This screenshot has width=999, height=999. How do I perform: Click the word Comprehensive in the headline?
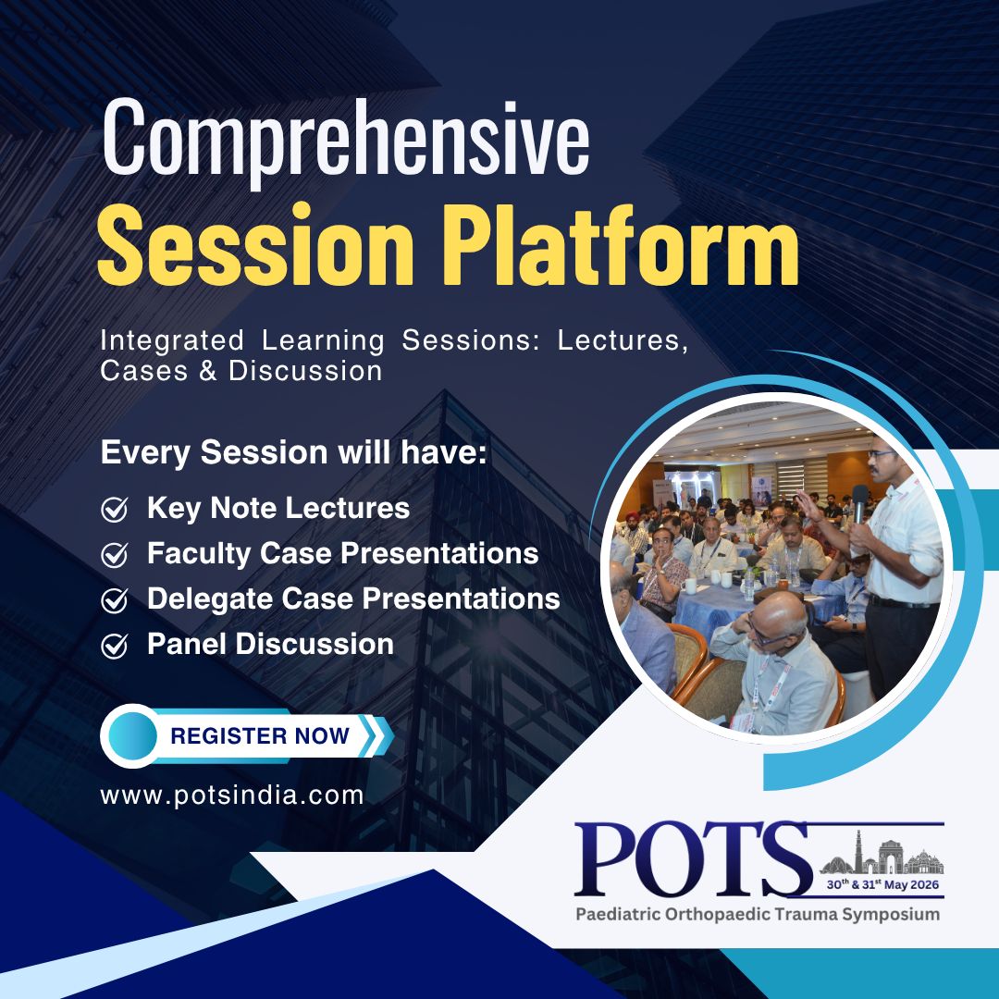coord(346,142)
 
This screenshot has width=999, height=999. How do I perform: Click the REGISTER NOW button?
coord(247,736)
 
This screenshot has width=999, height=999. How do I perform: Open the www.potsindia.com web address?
coord(232,795)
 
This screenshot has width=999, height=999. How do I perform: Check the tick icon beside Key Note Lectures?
coord(115,509)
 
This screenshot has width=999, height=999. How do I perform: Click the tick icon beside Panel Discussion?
coord(115,646)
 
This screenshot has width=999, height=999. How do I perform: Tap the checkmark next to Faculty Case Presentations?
coord(115,555)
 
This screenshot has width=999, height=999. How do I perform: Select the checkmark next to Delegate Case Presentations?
coord(115,600)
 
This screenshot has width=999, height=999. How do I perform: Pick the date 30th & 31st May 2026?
coord(882,884)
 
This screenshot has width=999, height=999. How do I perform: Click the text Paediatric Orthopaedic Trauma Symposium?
coord(758,915)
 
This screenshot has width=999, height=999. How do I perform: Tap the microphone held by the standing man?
coord(860,503)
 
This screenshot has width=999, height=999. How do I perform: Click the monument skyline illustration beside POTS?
coord(882,853)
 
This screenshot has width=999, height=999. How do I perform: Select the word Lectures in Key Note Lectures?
coord(347,508)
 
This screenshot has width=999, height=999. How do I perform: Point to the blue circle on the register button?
coord(132,736)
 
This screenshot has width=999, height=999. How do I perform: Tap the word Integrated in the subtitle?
coord(172,340)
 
